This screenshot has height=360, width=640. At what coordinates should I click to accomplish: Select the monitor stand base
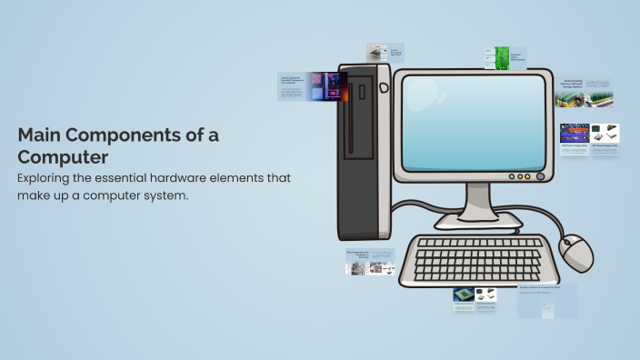click(478, 219)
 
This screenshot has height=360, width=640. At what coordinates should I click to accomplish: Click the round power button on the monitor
click(540, 176)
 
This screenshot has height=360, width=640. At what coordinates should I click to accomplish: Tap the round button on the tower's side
click(384, 87)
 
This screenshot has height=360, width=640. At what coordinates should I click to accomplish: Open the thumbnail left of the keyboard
click(369, 262)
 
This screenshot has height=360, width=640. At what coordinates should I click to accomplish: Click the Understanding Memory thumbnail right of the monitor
click(585, 92)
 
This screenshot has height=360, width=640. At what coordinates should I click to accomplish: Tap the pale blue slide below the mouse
click(547, 301)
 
